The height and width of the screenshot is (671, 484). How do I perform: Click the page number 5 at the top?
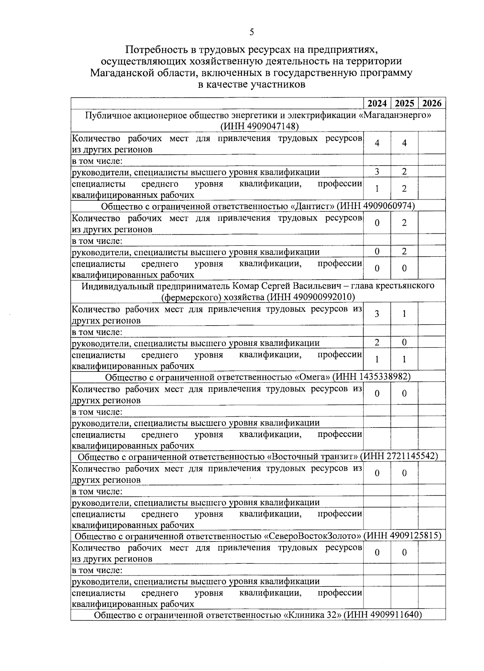coord(252,32)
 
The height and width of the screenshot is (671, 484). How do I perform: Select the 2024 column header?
coord(377,103)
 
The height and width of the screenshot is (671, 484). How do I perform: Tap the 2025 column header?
coord(405,103)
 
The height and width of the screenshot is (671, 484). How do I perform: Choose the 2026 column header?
coord(432,103)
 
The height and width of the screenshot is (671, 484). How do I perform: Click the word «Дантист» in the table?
coord(313,206)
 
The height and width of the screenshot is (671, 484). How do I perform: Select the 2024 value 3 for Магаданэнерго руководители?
coord(377,172)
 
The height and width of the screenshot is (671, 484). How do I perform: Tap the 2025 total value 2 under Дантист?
coord(405,222)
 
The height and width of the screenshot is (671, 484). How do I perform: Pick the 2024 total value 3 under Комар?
coord(377,314)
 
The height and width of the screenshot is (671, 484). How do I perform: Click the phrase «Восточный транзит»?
coord(313,456)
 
